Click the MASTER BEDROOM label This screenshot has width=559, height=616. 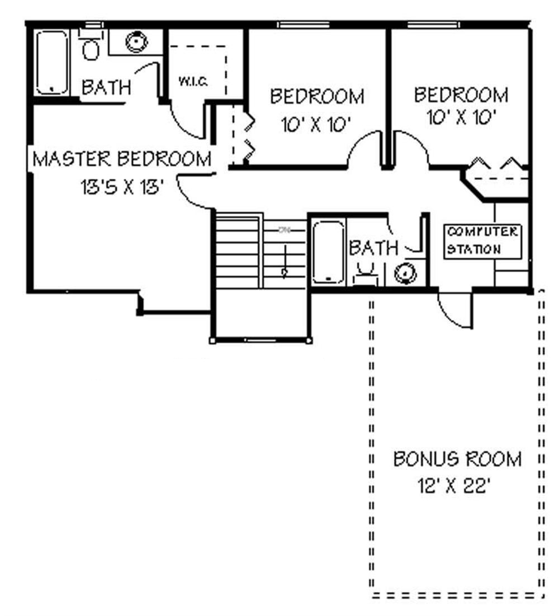click(x=122, y=159)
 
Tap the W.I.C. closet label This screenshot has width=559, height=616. click(x=193, y=82)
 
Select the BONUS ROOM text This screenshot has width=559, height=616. click(x=457, y=459)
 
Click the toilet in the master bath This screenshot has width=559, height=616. click(x=90, y=46)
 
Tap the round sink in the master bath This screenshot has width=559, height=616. click(x=136, y=41)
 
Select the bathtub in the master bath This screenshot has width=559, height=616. click(x=52, y=63)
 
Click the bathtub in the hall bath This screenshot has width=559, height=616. click(x=328, y=252)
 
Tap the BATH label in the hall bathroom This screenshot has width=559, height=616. click(x=373, y=248)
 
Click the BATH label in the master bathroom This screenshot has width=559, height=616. click(x=106, y=87)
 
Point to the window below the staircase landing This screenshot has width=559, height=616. click(x=261, y=340)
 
